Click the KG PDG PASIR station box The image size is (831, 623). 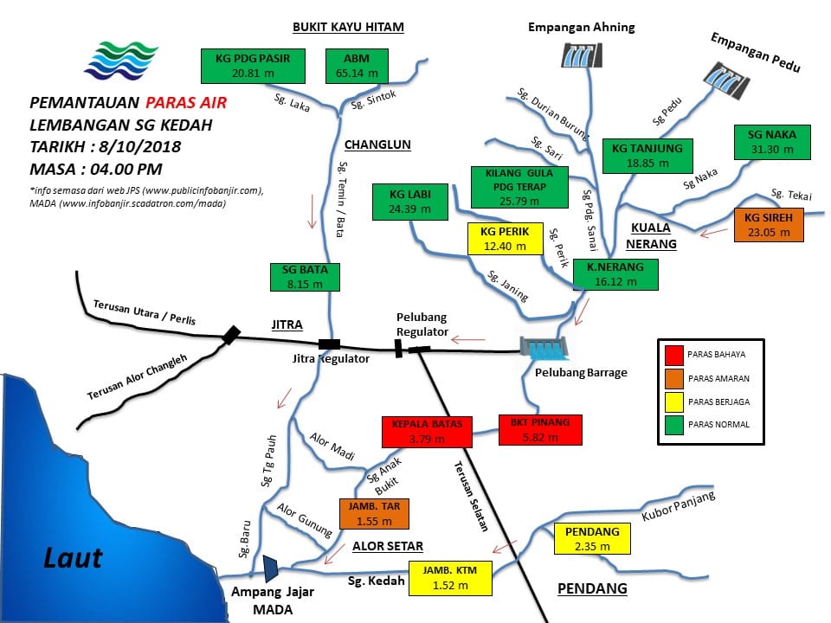[x=253, y=67]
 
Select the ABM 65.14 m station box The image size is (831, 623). [x=357, y=67]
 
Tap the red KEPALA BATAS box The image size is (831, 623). [x=427, y=432]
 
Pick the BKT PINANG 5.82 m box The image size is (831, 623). [x=540, y=430]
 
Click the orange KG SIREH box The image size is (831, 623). [x=769, y=225]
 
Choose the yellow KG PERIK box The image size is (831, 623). [x=505, y=239]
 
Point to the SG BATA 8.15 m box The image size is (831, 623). [x=305, y=277]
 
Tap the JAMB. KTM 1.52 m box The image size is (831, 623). [x=450, y=578]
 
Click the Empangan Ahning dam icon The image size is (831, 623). [x=582, y=55]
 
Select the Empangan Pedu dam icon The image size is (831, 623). [x=726, y=80]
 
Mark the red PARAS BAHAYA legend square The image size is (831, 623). [x=674, y=355]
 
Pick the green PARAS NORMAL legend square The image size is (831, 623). [x=674, y=425]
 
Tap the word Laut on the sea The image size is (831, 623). [x=73, y=558]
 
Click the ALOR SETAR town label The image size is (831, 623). [x=388, y=546]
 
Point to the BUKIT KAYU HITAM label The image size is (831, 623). [x=348, y=27]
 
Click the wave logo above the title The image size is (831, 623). [x=121, y=61]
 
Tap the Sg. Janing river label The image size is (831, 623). [x=508, y=286]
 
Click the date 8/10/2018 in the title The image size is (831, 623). [x=140, y=147]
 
